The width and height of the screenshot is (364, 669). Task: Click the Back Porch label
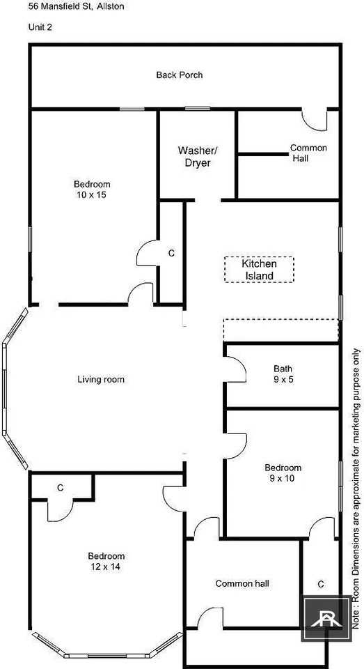click(x=179, y=75)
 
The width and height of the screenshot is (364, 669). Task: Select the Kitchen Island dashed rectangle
click(x=259, y=269)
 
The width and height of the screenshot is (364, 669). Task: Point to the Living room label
click(x=101, y=379)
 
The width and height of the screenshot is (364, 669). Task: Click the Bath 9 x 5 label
click(x=283, y=373)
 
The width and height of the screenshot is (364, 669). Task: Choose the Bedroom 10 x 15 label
click(x=92, y=190)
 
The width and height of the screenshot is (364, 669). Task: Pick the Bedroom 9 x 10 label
click(x=283, y=472)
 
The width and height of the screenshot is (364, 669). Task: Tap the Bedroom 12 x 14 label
click(x=106, y=561)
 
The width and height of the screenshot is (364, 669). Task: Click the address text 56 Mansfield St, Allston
click(x=77, y=7)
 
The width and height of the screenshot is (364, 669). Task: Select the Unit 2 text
click(x=40, y=27)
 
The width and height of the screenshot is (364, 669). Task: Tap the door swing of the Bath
click(x=236, y=369)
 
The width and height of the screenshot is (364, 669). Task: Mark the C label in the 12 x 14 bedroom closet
click(x=61, y=488)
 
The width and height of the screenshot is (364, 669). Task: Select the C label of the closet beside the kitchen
click(x=171, y=253)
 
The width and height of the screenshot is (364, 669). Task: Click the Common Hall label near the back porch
click(x=308, y=153)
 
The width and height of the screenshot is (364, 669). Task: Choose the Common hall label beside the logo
click(x=242, y=583)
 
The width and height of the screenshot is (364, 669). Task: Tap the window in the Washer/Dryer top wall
click(x=198, y=109)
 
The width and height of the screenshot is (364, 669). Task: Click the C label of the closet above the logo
click(x=321, y=584)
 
